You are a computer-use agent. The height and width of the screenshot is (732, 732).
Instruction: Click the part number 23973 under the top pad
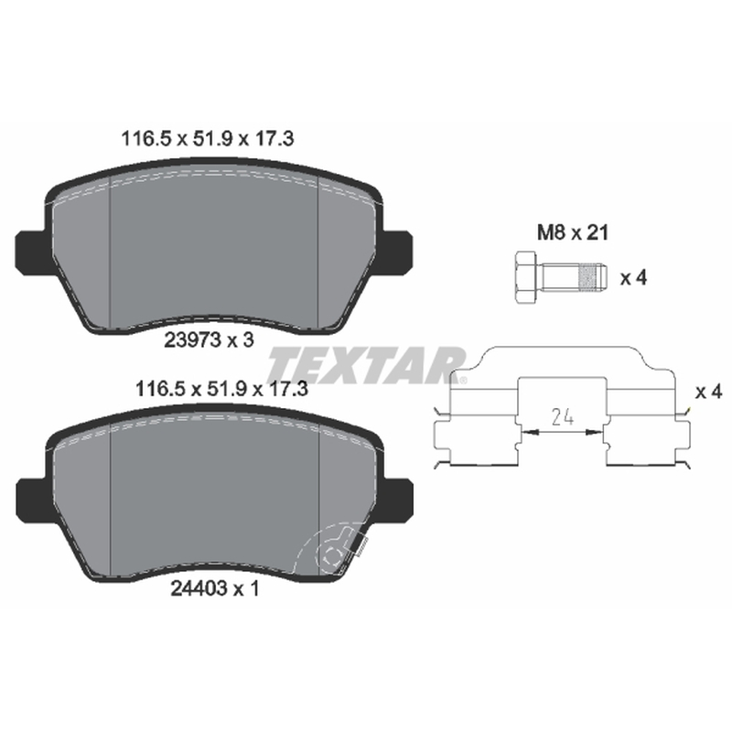[192, 339]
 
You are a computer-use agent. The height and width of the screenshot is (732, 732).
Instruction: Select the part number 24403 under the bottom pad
[199, 589]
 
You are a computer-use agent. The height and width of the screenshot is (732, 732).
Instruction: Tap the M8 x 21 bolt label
[573, 232]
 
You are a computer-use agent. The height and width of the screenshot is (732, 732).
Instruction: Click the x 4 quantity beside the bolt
[633, 278]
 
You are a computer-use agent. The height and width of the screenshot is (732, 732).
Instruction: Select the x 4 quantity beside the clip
[708, 392]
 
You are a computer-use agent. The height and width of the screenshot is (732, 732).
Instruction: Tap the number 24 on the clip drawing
[562, 416]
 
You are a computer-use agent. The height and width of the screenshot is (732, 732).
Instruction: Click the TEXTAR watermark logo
[367, 365]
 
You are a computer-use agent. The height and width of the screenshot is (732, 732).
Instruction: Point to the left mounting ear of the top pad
[32, 253]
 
